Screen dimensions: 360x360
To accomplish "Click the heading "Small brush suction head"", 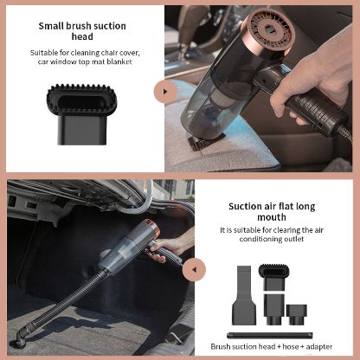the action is point(82,31).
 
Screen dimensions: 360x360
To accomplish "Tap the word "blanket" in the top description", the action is point(119,61).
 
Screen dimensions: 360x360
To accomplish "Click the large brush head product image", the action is point(82,114).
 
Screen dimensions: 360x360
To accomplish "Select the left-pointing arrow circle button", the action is point(194,269).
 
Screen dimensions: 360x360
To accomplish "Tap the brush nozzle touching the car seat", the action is point(206,143).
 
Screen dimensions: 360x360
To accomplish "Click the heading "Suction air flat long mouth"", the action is point(272,211).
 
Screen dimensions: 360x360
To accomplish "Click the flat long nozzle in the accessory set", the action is point(244,292).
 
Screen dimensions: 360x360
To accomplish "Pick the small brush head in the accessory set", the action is point(273,277).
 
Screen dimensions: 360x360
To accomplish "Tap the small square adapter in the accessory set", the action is point(296,314).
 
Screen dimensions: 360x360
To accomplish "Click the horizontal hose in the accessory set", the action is point(270,336).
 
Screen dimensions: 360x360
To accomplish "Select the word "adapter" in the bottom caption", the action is point(319,347).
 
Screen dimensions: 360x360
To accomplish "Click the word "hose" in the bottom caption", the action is point(290,346).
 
